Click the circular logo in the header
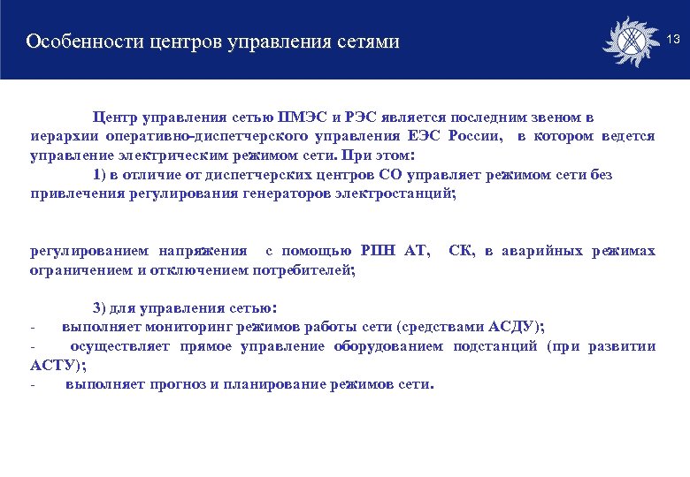point(630,40)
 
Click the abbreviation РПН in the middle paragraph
point(378,252)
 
